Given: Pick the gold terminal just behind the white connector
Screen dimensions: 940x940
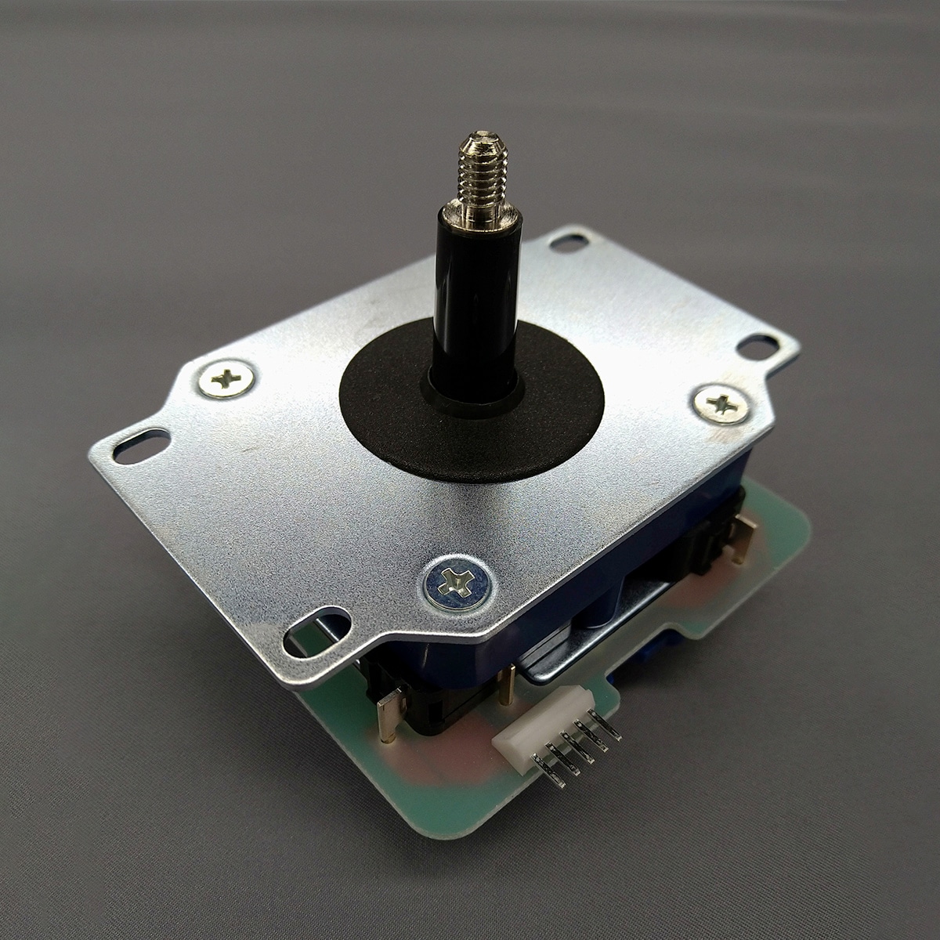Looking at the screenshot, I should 511,682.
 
